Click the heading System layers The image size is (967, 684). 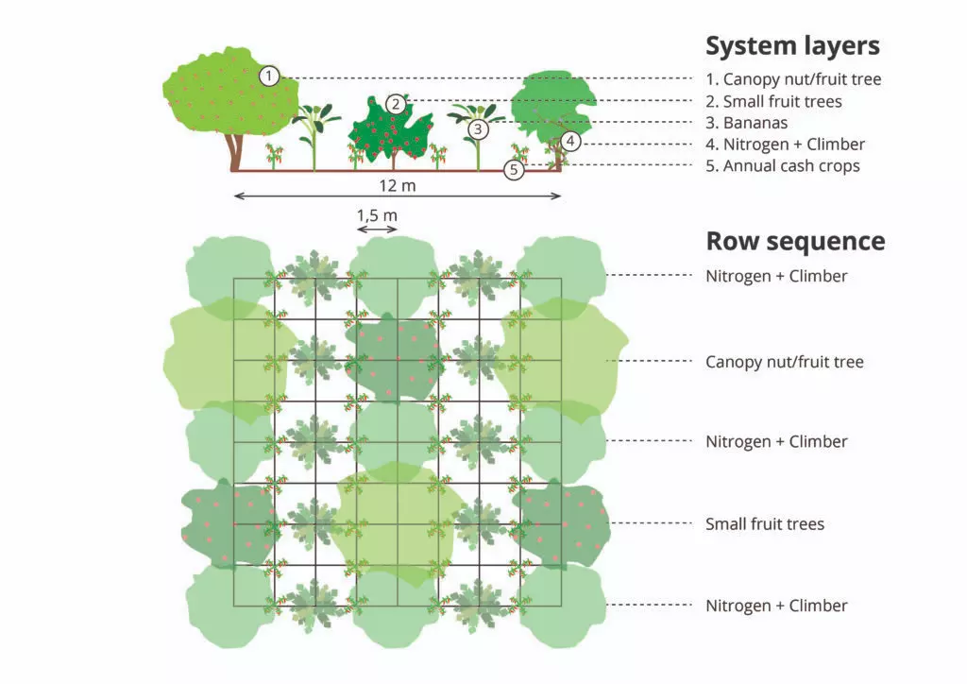pos(792,45)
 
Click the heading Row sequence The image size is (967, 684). pos(795,241)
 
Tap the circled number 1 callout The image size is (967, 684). pos(269,76)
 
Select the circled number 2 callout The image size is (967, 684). pos(396,104)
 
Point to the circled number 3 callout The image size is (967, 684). pos(478,128)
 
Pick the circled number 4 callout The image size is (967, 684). pos(569,142)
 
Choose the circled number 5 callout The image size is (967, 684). pos(514,171)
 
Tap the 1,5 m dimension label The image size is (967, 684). pos(377,215)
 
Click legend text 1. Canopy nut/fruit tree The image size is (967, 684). pos(793,79)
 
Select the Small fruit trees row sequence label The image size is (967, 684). pos(765,523)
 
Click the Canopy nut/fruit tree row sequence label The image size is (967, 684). pos(785,362)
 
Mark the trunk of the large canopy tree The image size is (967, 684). pos(235,151)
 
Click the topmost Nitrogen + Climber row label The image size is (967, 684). pos(776,277)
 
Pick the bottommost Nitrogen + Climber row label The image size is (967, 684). pos(776,606)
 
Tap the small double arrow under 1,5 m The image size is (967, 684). pos(377,230)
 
